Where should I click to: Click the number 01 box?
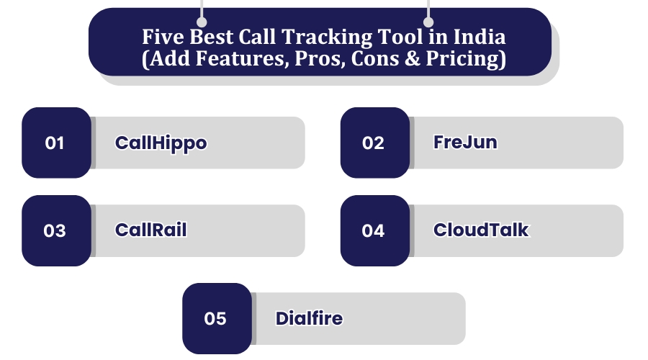pos(56,143)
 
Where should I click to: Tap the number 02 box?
pos(374,143)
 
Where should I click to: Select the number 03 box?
pos(56,230)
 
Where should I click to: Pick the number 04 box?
pos(374,230)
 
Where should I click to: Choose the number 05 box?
pos(216,318)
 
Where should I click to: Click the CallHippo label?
pos(161,143)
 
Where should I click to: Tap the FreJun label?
pos(465,142)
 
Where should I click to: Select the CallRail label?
pos(151,230)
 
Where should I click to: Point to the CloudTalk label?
pos(481,230)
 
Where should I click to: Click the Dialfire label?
pos(309,318)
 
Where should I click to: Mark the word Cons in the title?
pos(374,58)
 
